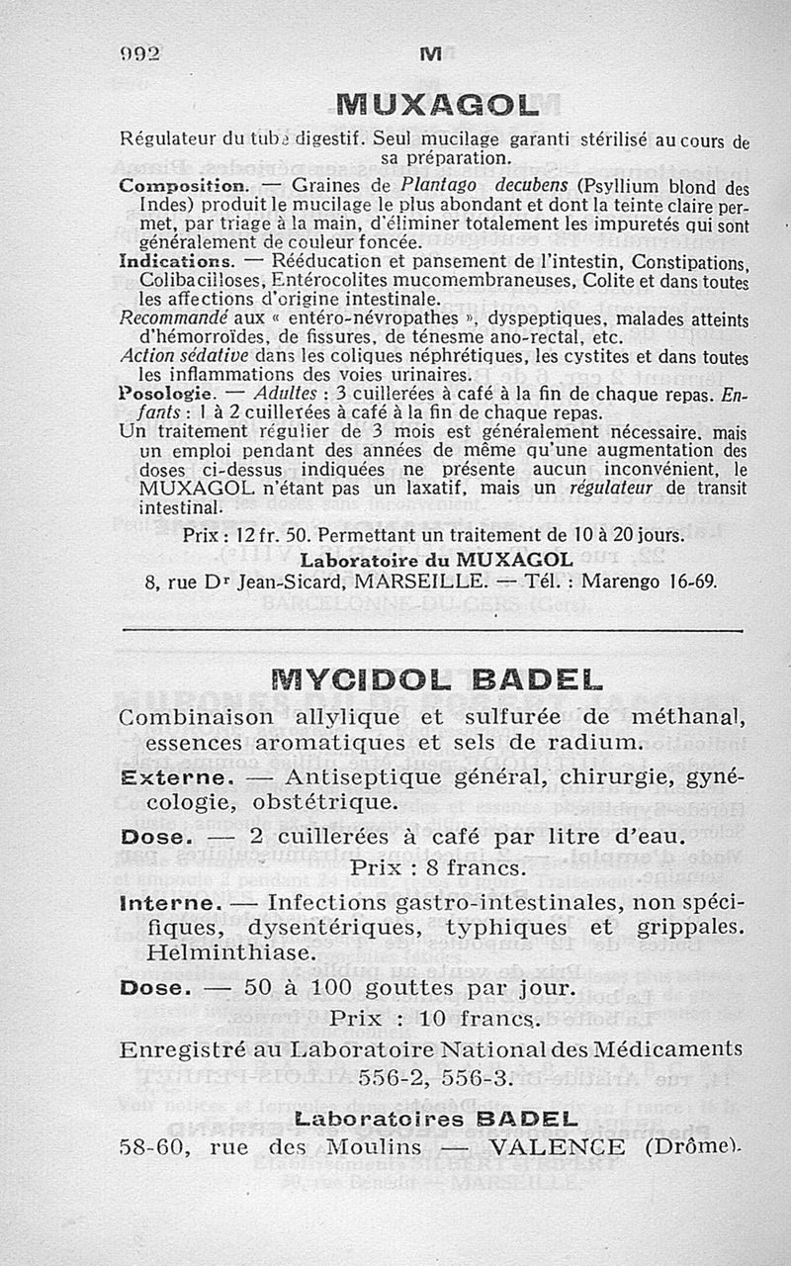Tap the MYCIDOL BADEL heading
[435, 680]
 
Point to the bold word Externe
[181, 778]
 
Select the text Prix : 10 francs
[435, 1019]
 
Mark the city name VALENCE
[557, 1147]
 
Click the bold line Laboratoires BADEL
[435, 1120]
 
